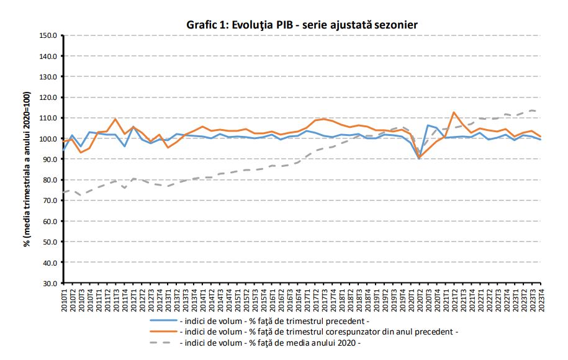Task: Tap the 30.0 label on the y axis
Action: coord(50,283)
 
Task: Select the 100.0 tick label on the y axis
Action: coord(48,138)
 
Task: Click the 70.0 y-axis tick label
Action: coord(50,200)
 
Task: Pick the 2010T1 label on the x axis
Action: coord(64,300)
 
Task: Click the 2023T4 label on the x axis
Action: coord(541,300)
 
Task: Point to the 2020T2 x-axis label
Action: coord(420,300)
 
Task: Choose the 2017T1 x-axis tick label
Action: coord(307,300)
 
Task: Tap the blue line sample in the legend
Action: coord(163,321)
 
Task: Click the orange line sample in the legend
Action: coord(163,331)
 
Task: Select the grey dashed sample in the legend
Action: coord(163,343)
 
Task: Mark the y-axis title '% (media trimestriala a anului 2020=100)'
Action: coord(27,169)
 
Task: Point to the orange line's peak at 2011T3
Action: coord(115,119)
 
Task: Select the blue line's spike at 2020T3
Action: coord(428,125)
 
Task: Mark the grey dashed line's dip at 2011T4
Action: coord(125,187)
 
